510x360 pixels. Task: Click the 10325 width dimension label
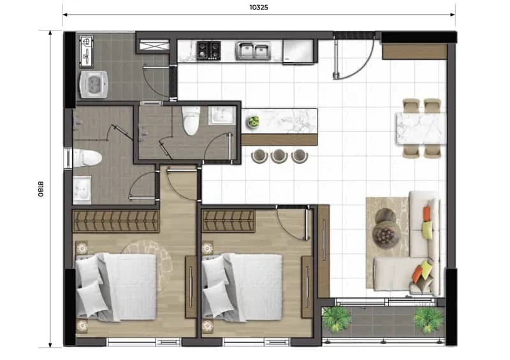click(x=259, y=7)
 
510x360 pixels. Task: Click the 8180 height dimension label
click(x=41, y=189)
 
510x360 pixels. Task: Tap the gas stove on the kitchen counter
click(x=208, y=50)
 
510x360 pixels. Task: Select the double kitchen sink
click(x=253, y=51)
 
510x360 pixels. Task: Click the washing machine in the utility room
click(x=94, y=85)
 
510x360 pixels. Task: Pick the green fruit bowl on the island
click(x=253, y=122)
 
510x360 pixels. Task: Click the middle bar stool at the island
click(x=279, y=156)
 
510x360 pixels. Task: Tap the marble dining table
click(x=421, y=128)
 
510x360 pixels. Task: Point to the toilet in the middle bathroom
click(x=191, y=120)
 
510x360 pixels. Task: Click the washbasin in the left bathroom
click(x=82, y=190)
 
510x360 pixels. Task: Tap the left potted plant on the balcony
click(x=337, y=319)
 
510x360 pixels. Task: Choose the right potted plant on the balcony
click(x=428, y=320)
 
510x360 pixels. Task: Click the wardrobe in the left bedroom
click(x=116, y=221)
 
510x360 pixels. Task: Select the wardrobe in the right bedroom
click(x=228, y=221)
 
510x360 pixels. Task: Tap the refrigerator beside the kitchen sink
click(x=298, y=52)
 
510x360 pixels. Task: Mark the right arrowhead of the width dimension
click(x=453, y=14)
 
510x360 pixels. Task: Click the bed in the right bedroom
click(x=242, y=287)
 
